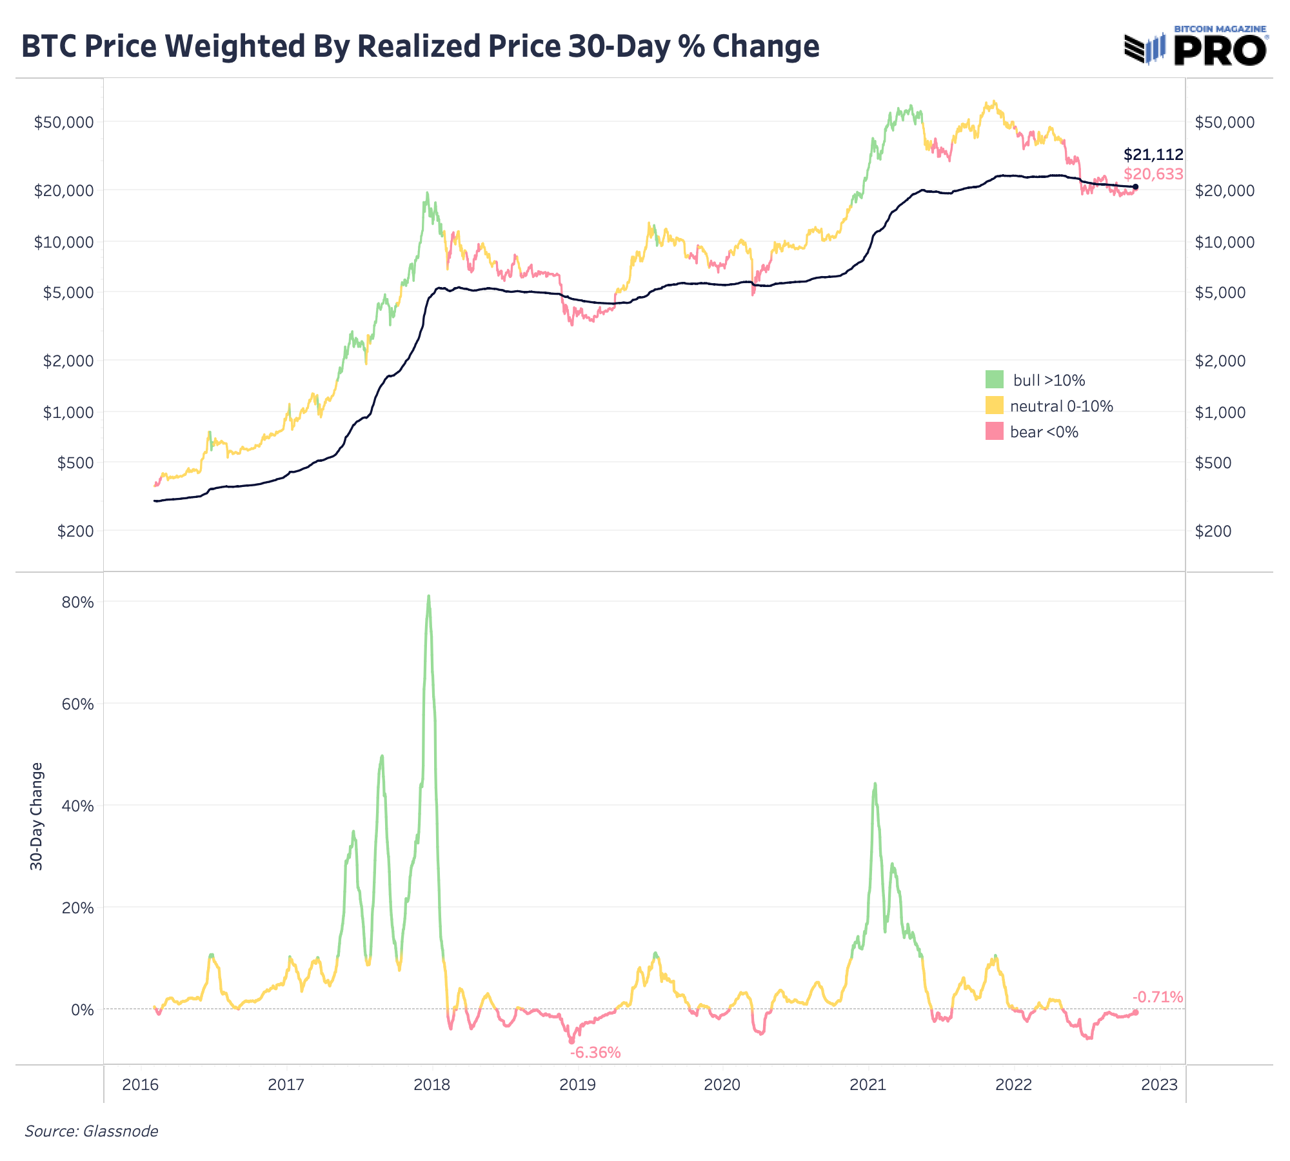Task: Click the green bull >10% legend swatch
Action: click(995, 379)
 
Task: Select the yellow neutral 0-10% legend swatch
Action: click(995, 405)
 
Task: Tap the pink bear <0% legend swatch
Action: click(995, 431)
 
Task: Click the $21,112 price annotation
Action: click(1153, 155)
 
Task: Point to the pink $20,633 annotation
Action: click(1153, 174)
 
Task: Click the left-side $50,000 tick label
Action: click(64, 122)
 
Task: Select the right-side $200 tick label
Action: click(1213, 531)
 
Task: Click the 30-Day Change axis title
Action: click(37, 816)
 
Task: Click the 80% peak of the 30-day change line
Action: click(429, 597)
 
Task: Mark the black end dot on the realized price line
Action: click(1135, 187)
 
